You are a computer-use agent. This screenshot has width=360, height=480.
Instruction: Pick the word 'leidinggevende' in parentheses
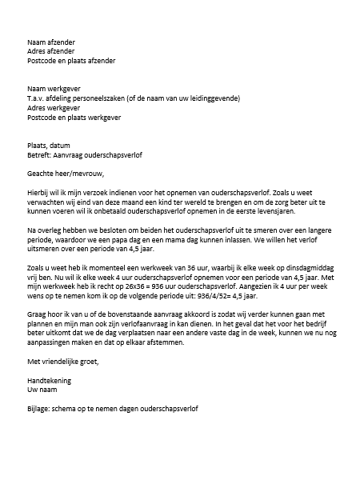pos(213,98)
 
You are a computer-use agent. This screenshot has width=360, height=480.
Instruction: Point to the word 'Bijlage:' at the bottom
pos(38,431)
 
